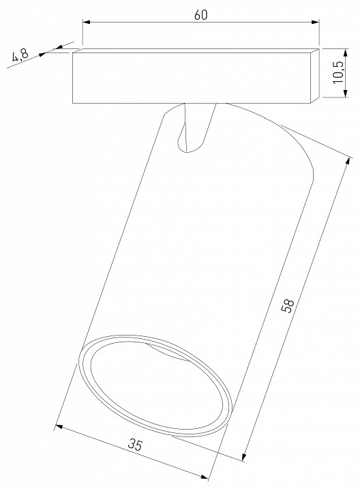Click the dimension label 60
200,15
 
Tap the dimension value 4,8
20,55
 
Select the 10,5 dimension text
338,72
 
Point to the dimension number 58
288,306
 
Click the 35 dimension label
135,445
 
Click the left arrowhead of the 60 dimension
87,22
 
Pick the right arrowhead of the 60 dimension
315,22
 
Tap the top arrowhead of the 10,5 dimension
345,53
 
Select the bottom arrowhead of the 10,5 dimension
345,93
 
